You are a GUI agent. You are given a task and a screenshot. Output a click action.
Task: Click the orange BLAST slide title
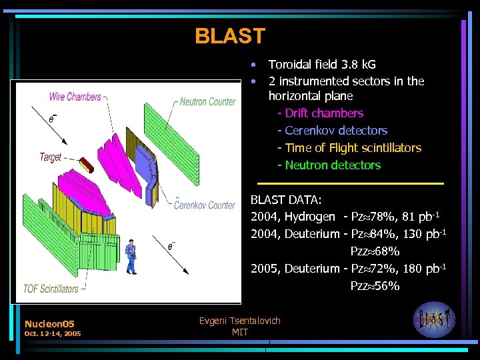click(230, 36)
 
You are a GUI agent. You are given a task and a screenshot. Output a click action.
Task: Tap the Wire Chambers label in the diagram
click(75, 97)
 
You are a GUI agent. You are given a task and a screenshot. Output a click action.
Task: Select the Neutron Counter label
click(207, 101)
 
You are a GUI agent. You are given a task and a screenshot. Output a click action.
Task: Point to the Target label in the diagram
click(50, 157)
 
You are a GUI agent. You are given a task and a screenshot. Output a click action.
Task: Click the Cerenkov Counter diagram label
click(204, 205)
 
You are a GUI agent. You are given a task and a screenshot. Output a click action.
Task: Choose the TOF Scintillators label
click(51, 289)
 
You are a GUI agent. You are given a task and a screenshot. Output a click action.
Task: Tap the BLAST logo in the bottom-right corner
click(434, 320)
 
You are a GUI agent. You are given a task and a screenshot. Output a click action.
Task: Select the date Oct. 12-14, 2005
click(52, 333)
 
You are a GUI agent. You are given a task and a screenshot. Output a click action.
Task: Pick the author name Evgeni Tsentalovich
click(240, 321)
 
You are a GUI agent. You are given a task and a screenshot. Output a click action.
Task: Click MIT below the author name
click(240, 332)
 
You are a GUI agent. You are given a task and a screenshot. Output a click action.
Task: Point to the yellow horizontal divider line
click(350, 183)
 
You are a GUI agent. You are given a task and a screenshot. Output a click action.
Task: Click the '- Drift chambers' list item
click(321, 113)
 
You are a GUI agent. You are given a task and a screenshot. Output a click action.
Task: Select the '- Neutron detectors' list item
click(329, 165)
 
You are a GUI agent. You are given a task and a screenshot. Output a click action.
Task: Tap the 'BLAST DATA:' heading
click(286, 199)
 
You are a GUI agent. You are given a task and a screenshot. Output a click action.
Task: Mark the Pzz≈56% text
click(375, 286)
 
